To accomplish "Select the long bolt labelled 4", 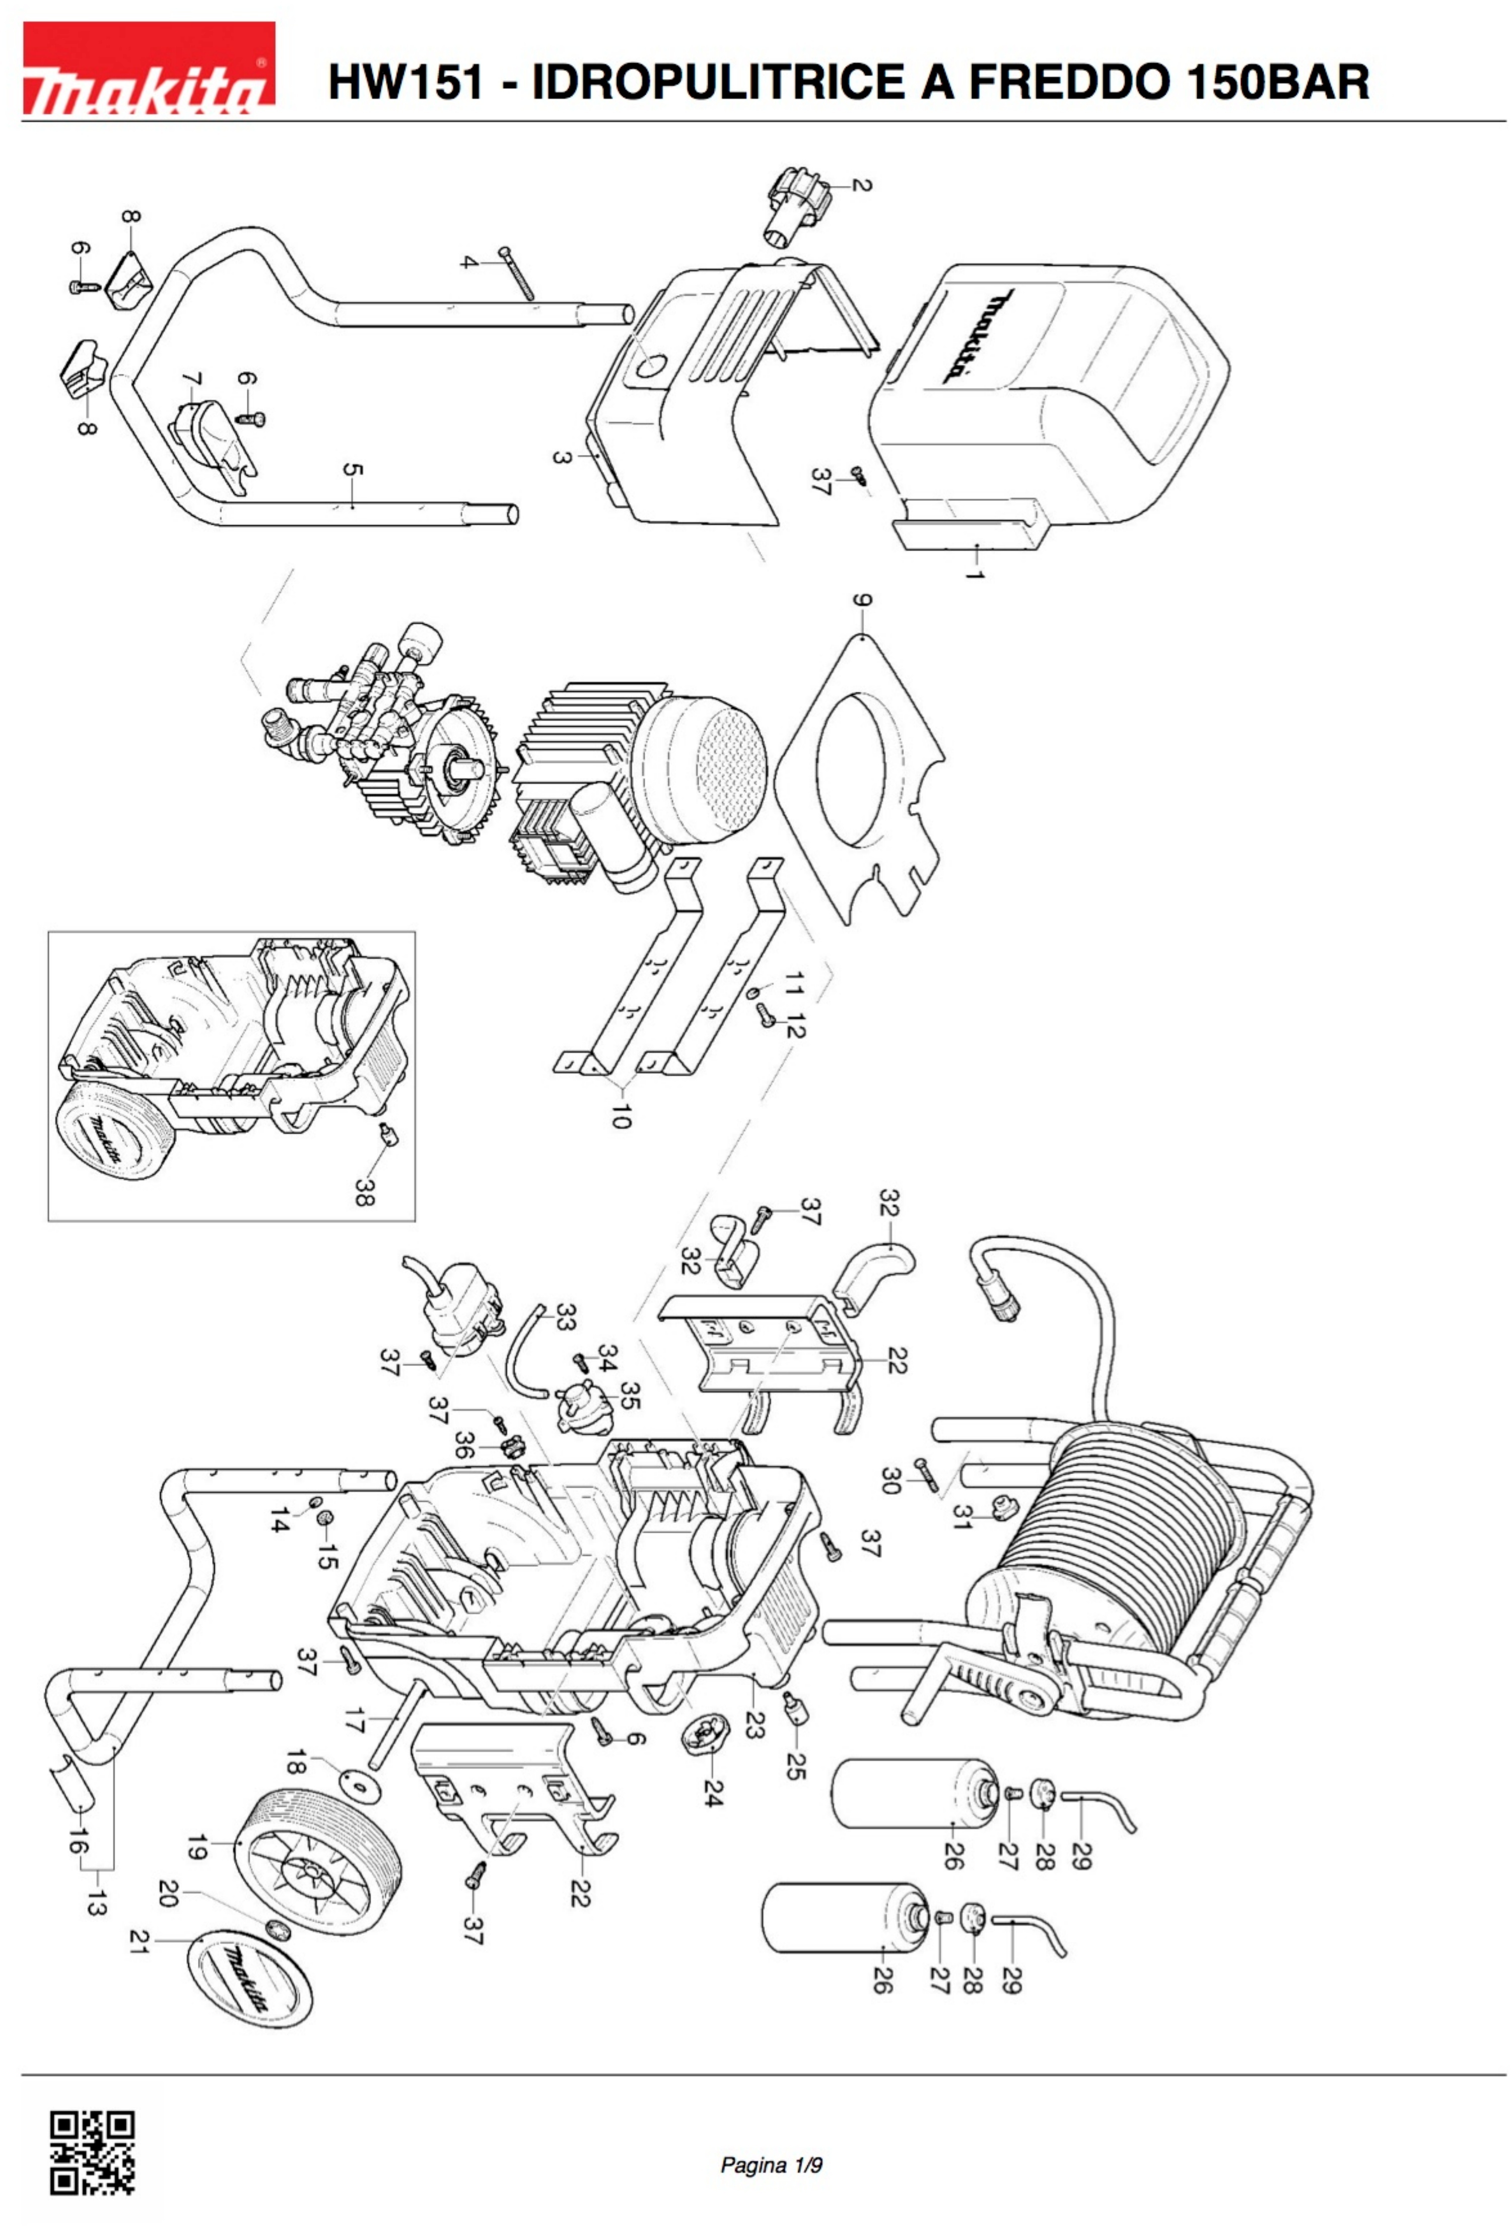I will [521, 275].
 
